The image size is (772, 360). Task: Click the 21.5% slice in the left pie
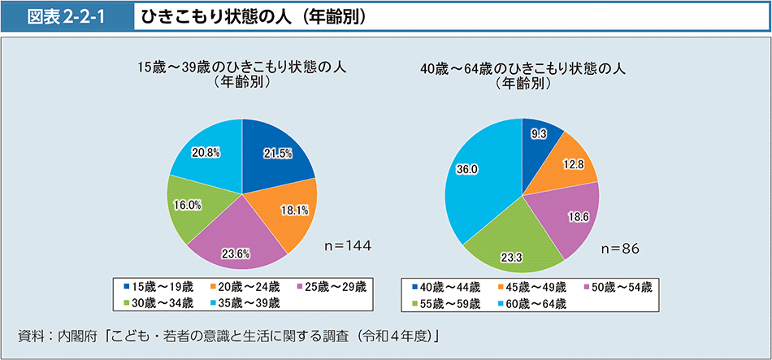click(x=276, y=154)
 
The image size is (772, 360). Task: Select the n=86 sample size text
click(x=620, y=248)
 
